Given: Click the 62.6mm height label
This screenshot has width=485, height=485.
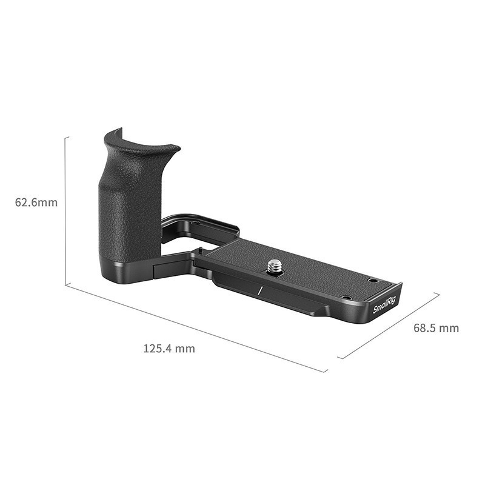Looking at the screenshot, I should click(x=36, y=202).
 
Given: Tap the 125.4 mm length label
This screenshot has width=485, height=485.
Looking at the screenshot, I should click(x=169, y=349).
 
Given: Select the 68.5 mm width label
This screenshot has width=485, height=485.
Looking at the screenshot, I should click(x=436, y=328).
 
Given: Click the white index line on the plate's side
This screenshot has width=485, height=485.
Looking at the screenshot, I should click(x=259, y=290).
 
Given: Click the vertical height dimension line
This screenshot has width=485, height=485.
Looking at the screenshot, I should click(x=65, y=212).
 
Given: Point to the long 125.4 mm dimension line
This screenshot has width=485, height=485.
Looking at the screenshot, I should click(x=194, y=327).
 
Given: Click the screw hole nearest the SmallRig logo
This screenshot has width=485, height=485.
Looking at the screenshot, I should click(x=346, y=297).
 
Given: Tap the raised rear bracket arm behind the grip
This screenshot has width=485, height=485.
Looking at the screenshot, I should click(x=200, y=221).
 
